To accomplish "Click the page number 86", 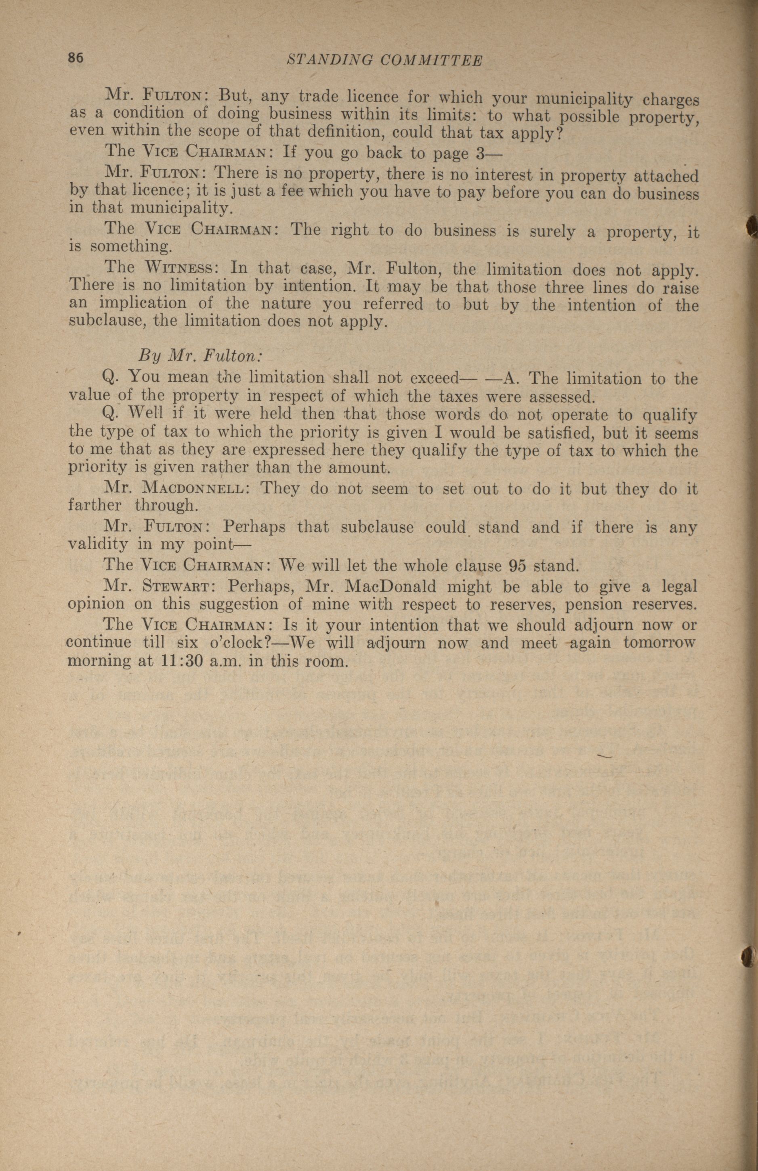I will click(76, 58).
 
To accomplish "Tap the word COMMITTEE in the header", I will click(432, 61).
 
